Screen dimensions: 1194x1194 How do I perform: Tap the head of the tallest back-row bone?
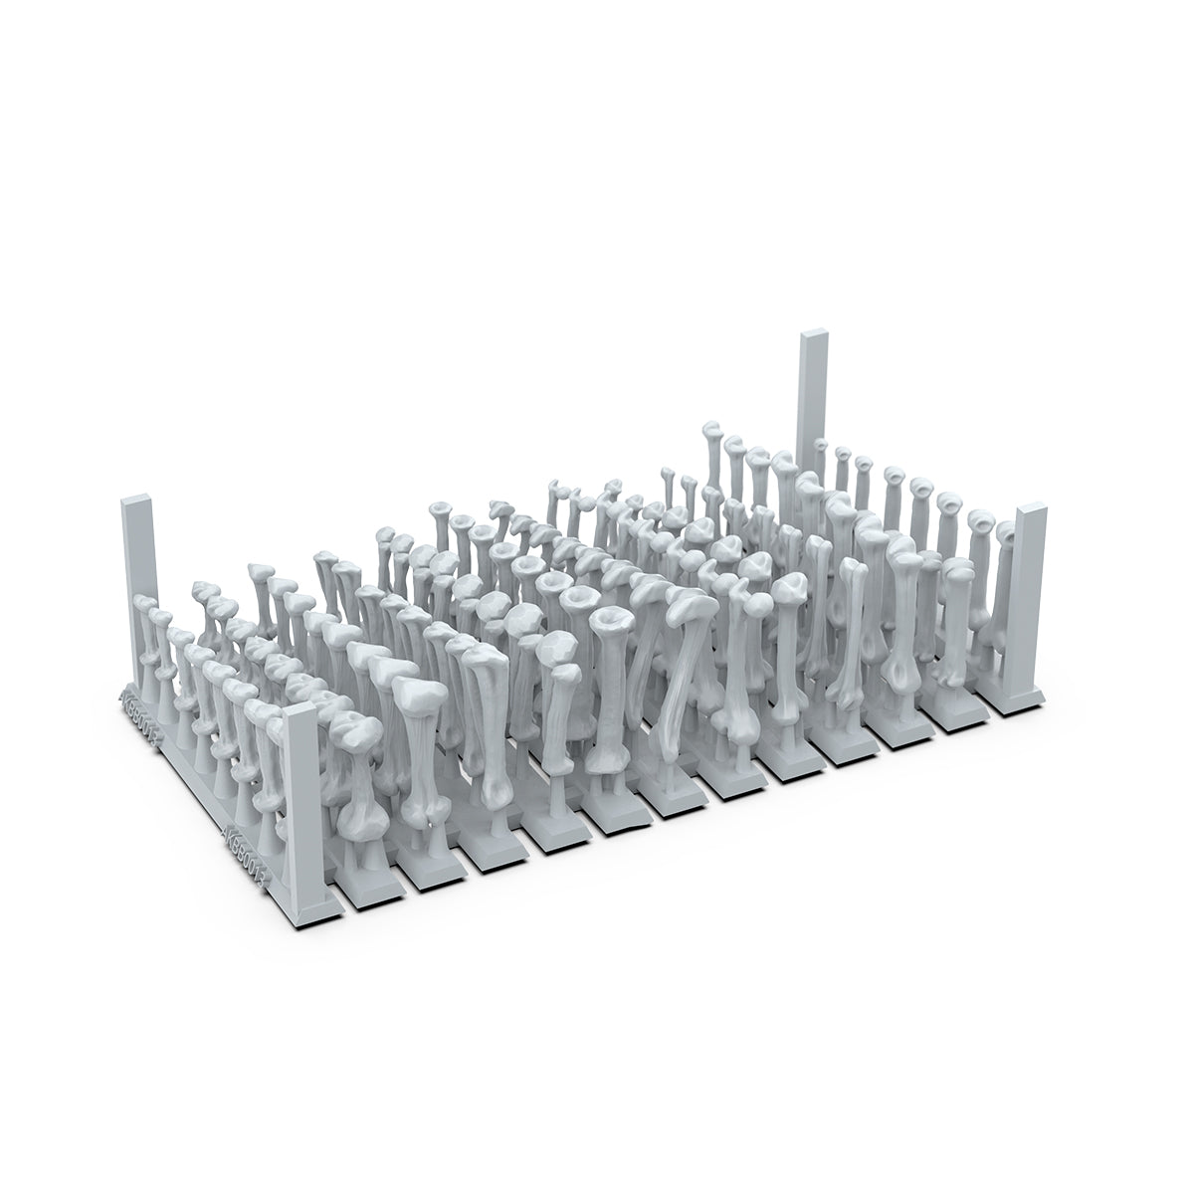tap(711, 431)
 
